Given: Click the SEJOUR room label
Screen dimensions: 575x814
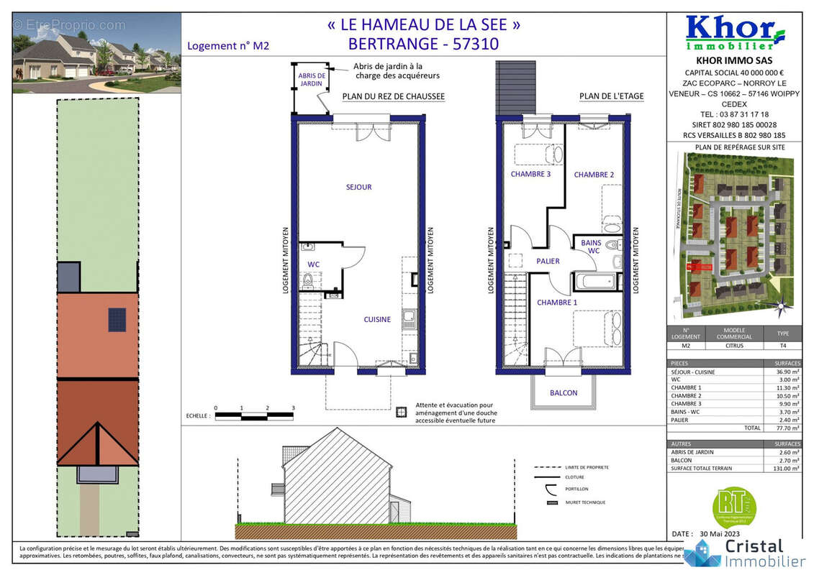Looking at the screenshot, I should pos(358,188).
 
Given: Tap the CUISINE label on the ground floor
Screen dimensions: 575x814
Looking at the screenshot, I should pos(377,320).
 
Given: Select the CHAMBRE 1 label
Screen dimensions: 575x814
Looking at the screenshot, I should pos(557,303).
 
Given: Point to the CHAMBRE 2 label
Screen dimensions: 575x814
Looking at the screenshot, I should pos(594,175).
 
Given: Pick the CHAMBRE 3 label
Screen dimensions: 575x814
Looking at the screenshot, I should pos(530,174).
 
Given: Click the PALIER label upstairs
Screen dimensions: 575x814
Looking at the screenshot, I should pos(548,261).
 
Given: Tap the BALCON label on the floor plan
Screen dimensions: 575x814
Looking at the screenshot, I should pos(564,393).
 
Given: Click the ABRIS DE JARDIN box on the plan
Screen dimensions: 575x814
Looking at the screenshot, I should pos(312,80).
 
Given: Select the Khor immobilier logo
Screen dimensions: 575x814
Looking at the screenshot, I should pos(734,32).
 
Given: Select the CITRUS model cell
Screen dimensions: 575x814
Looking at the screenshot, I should pos(734,345).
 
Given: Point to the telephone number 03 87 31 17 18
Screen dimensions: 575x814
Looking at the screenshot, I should pos(733,114).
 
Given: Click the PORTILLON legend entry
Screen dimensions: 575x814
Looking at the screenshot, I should pos(576,489).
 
